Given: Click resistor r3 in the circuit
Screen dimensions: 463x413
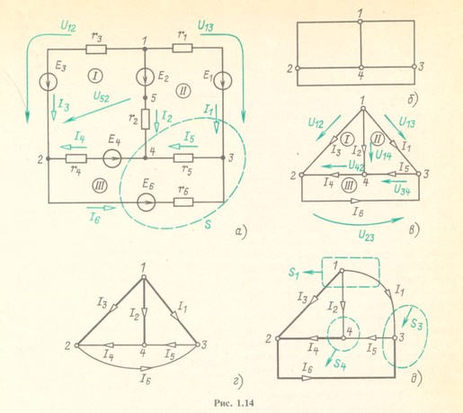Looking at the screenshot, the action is click(96, 49).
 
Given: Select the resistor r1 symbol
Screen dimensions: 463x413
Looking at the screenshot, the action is click(183, 48).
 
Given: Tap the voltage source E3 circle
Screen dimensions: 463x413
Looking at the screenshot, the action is click(48, 82).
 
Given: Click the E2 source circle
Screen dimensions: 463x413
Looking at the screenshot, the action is click(145, 76).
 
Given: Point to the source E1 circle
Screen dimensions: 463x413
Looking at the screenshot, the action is click(223, 80).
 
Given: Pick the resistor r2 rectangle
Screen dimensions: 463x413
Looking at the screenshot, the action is click(145, 119).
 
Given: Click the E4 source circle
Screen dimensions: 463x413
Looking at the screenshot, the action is click(112, 157).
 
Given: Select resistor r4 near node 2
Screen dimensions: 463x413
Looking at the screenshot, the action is click(76, 158).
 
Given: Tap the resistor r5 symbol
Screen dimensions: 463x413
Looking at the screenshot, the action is click(183, 157).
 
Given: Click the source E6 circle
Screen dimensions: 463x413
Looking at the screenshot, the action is click(146, 202).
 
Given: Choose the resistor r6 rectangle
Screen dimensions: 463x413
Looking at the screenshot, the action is click(183, 202).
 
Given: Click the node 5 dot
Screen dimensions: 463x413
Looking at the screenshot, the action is click(145, 98).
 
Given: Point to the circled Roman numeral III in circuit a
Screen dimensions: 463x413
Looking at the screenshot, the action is click(100, 186).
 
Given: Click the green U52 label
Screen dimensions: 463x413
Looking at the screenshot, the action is click(102, 96).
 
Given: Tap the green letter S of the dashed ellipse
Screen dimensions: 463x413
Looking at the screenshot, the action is click(209, 224).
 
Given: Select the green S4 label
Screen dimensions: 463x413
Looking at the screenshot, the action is click(340, 364).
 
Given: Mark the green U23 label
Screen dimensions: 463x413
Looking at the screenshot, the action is click(366, 237).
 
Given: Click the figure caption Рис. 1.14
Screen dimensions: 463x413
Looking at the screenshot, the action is click(234, 403).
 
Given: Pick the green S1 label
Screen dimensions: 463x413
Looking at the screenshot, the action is click(294, 273).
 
